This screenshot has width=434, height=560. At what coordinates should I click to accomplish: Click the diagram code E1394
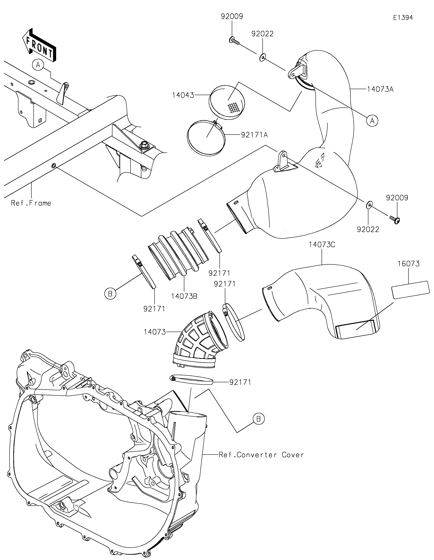click(403, 18)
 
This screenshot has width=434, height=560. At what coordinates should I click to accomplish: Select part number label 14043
click(183, 95)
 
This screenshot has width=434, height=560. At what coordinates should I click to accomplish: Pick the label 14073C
click(322, 245)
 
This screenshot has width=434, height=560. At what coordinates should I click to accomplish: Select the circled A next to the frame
click(38, 65)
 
